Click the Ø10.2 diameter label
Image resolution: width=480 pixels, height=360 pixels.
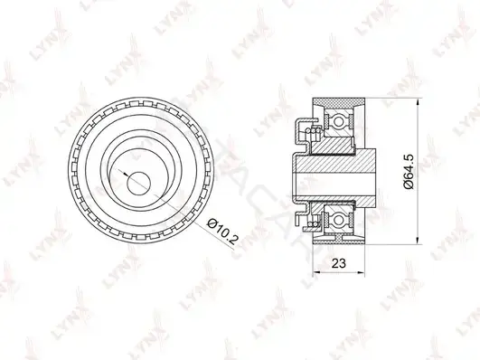(221, 232)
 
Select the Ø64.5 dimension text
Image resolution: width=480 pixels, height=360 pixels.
(409, 171)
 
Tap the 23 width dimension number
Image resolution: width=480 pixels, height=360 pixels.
(338, 262)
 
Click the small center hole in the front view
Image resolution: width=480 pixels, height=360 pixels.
(139, 184)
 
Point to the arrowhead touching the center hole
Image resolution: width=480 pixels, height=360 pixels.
(126, 174)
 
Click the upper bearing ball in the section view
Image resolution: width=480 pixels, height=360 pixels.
(339, 121)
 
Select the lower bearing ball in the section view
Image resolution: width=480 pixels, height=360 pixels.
(339, 220)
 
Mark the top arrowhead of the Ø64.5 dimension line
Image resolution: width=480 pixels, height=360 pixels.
(418, 102)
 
